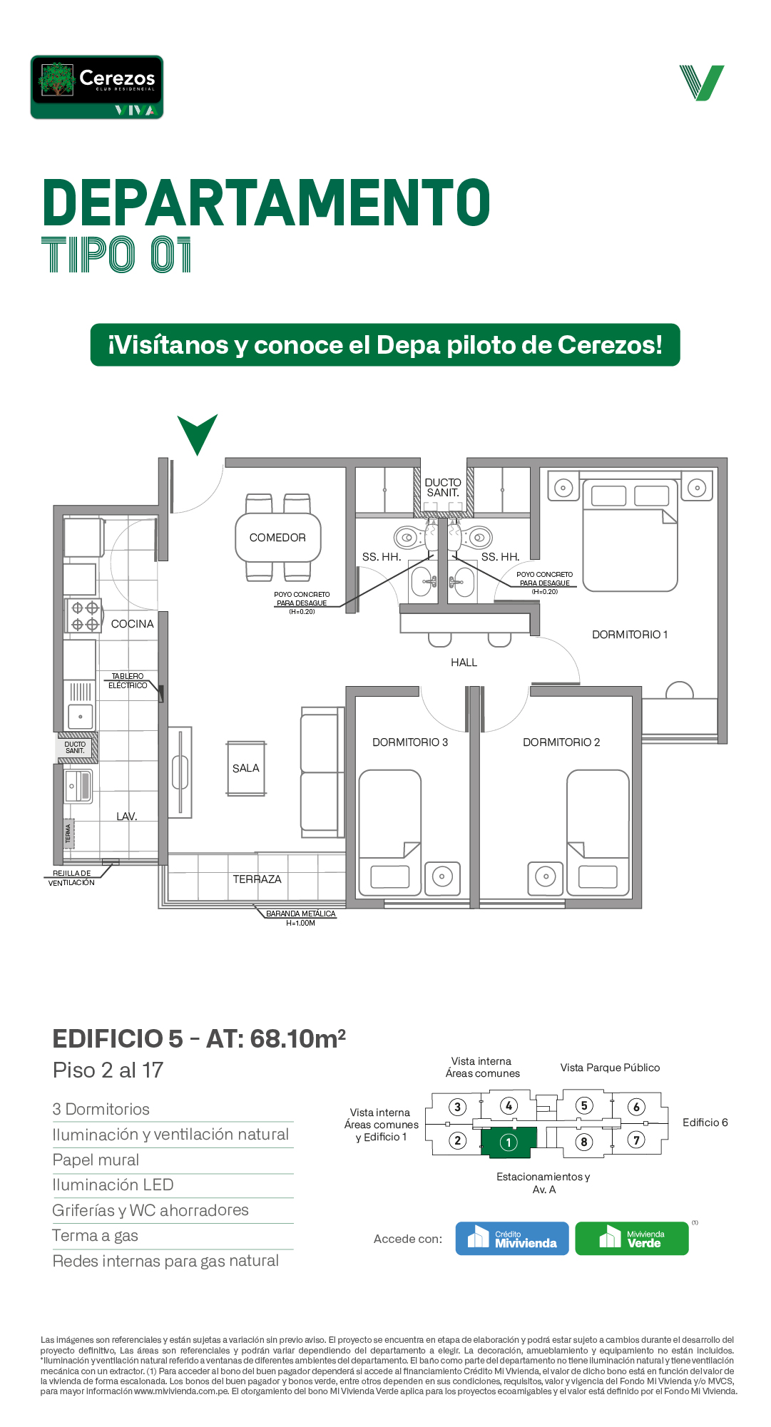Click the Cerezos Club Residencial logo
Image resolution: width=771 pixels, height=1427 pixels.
(x=97, y=87)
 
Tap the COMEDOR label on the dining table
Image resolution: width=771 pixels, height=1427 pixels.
(x=277, y=538)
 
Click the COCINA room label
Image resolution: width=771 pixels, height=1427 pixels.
(x=133, y=624)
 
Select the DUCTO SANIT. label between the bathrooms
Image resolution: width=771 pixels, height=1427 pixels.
(x=443, y=488)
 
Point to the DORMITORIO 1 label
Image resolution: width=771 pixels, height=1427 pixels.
(x=630, y=635)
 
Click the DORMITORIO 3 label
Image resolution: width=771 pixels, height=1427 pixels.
(x=410, y=742)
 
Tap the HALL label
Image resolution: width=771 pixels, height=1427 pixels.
(x=464, y=663)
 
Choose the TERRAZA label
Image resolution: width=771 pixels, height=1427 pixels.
(x=257, y=879)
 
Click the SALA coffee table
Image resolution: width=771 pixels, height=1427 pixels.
(x=246, y=768)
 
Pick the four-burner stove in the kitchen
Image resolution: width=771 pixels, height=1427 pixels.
(x=84, y=616)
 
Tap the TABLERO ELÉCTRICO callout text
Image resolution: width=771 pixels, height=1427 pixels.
(x=128, y=681)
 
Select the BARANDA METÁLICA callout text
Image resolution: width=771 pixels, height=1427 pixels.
(x=300, y=919)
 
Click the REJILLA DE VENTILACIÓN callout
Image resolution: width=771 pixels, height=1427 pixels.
(x=71, y=878)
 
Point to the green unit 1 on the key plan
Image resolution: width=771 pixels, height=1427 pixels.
(x=509, y=1142)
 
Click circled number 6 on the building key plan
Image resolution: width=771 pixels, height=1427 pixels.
(x=636, y=1107)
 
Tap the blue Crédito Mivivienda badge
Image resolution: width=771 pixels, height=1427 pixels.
(x=512, y=1239)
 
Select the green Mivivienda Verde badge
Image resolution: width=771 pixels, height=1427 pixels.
(x=632, y=1239)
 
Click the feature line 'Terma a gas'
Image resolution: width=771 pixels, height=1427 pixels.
(x=96, y=1236)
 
